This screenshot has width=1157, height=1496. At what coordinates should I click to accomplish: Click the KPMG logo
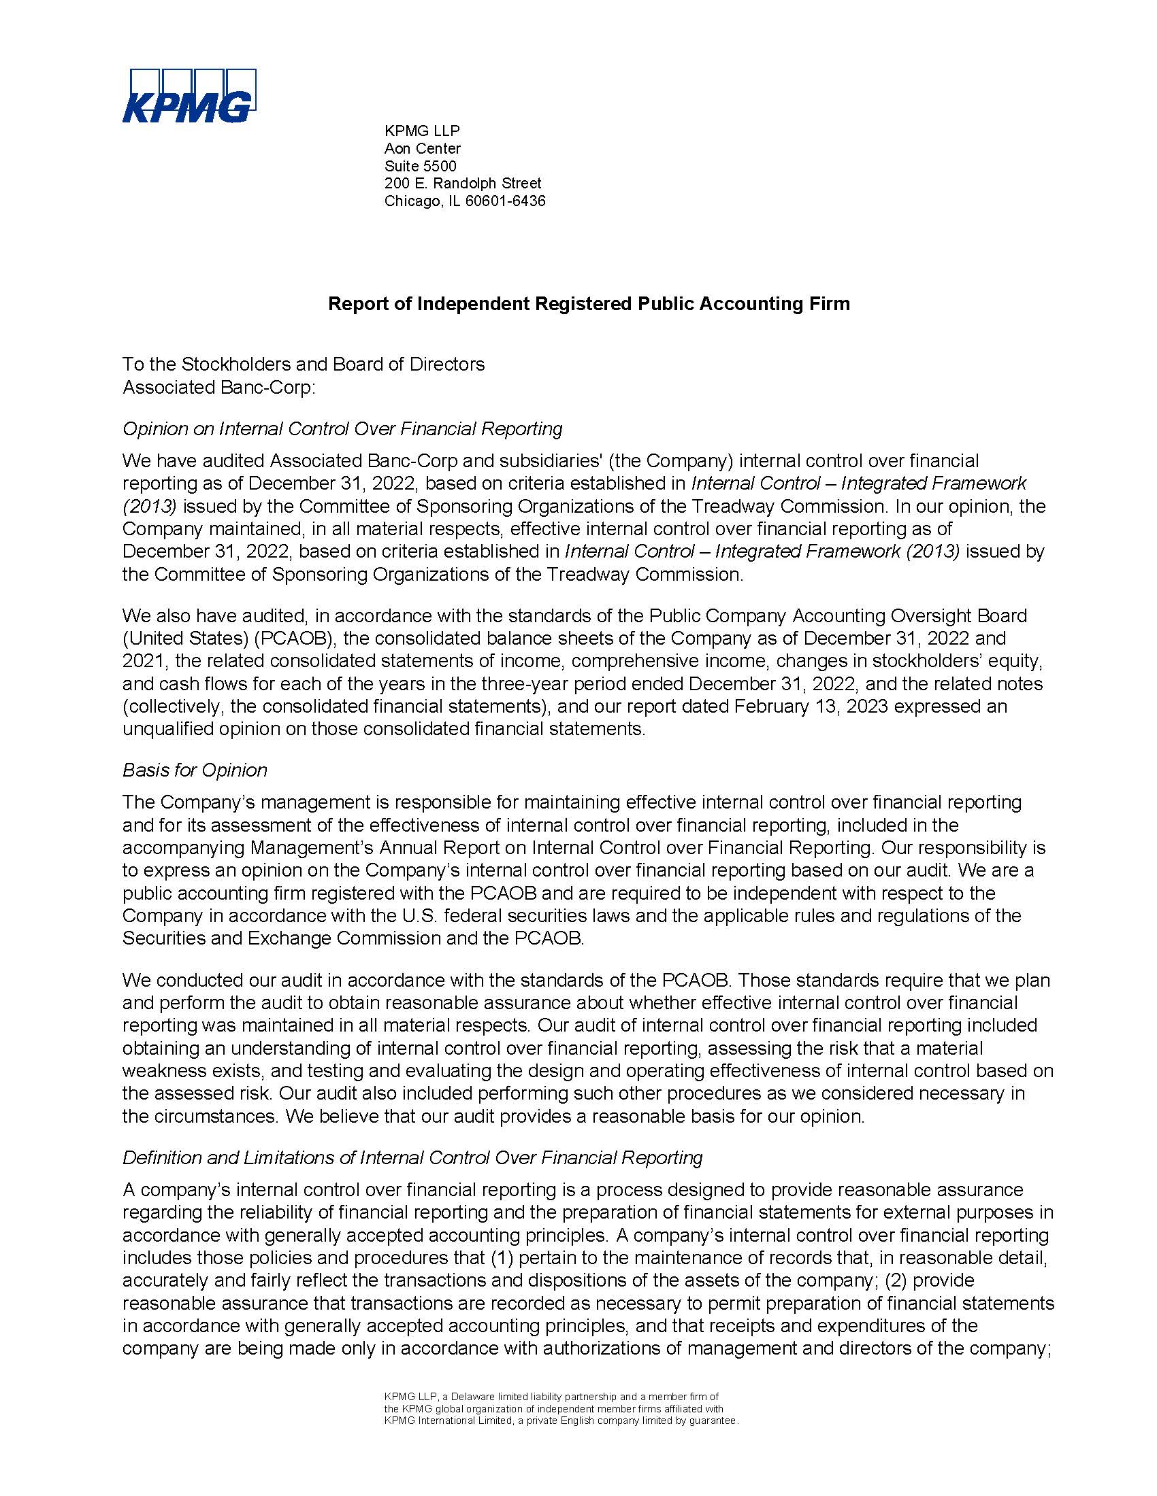189,95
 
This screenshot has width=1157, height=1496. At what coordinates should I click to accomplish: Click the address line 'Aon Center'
422,148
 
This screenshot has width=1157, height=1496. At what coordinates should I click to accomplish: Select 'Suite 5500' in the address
420,166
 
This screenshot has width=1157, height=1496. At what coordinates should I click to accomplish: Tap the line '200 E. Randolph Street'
463,183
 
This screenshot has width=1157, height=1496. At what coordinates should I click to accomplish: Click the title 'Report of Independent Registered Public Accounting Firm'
589,303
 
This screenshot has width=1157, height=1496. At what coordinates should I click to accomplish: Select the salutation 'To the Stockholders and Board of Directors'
304,364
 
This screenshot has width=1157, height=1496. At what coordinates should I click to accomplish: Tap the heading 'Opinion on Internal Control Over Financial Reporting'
342,428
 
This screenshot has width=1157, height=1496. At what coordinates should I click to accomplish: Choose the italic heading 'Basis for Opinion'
195,770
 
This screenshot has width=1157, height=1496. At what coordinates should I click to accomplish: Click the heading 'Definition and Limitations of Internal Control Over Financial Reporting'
412,1157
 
